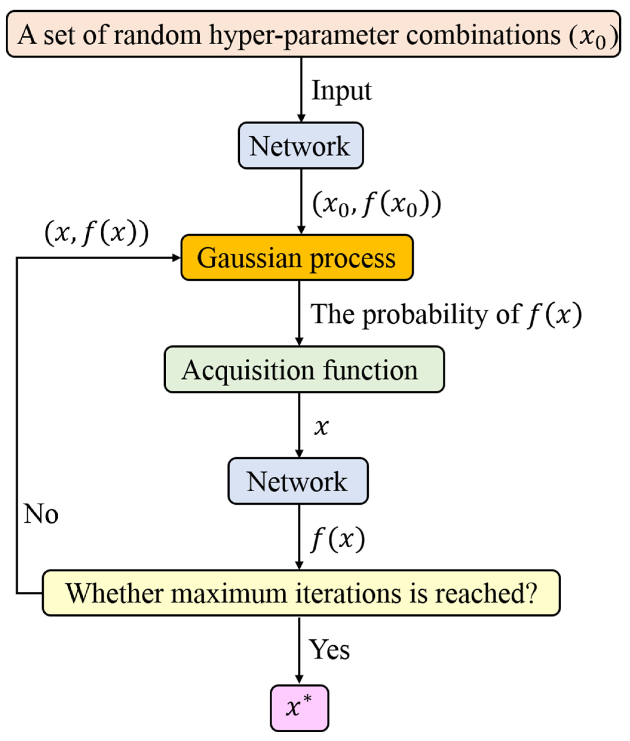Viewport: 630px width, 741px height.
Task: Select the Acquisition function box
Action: click(304, 370)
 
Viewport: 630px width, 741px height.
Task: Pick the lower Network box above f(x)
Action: click(298, 481)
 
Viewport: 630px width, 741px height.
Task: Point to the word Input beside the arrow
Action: click(342, 91)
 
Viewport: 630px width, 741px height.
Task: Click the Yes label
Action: click(329, 650)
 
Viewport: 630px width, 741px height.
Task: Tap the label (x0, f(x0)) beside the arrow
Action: click(377, 204)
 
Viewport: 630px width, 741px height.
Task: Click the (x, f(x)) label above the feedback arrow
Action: click(96, 233)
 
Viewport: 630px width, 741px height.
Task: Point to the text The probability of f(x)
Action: click(446, 315)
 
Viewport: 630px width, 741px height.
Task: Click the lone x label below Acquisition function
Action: click(321, 426)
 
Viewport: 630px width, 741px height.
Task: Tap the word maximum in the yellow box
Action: click(229, 593)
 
